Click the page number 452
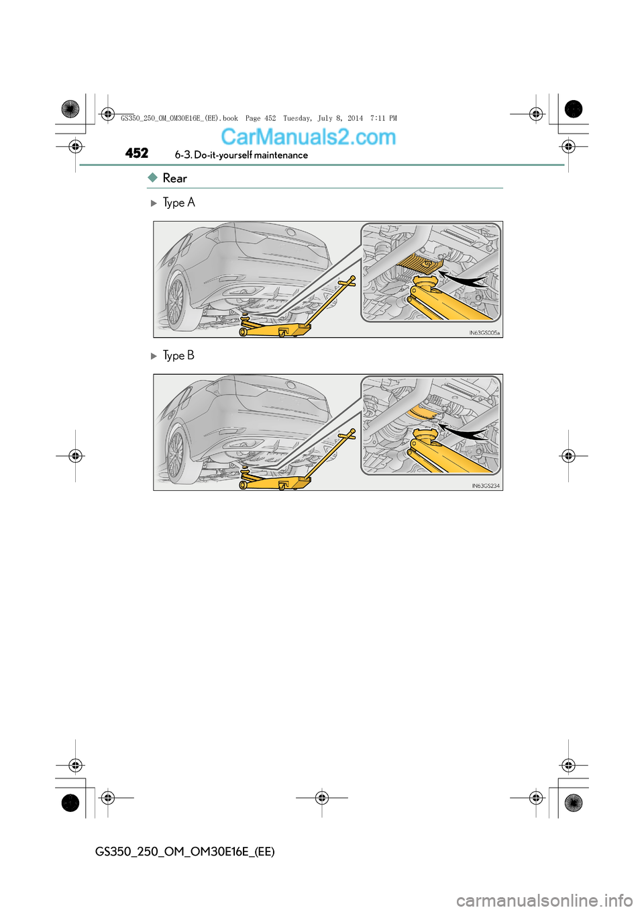tap(137, 153)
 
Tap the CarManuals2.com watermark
tap(308, 136)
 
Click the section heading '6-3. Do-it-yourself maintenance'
tap(241, 155)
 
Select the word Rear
tap(174, 178)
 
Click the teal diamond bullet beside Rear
tap(153, 177)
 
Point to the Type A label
tap(178, 203)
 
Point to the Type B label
tap(178, 355)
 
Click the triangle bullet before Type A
tap(154, 203)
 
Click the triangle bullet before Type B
tap(154, 356)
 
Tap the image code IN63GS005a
tap(484, 332)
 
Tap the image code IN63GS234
tap(486, 486)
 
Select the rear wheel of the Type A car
tap(176, 301)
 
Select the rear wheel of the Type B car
tap(176, 454)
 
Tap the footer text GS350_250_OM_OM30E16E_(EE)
tap(184, 852)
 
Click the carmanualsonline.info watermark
tap(544, 900)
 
